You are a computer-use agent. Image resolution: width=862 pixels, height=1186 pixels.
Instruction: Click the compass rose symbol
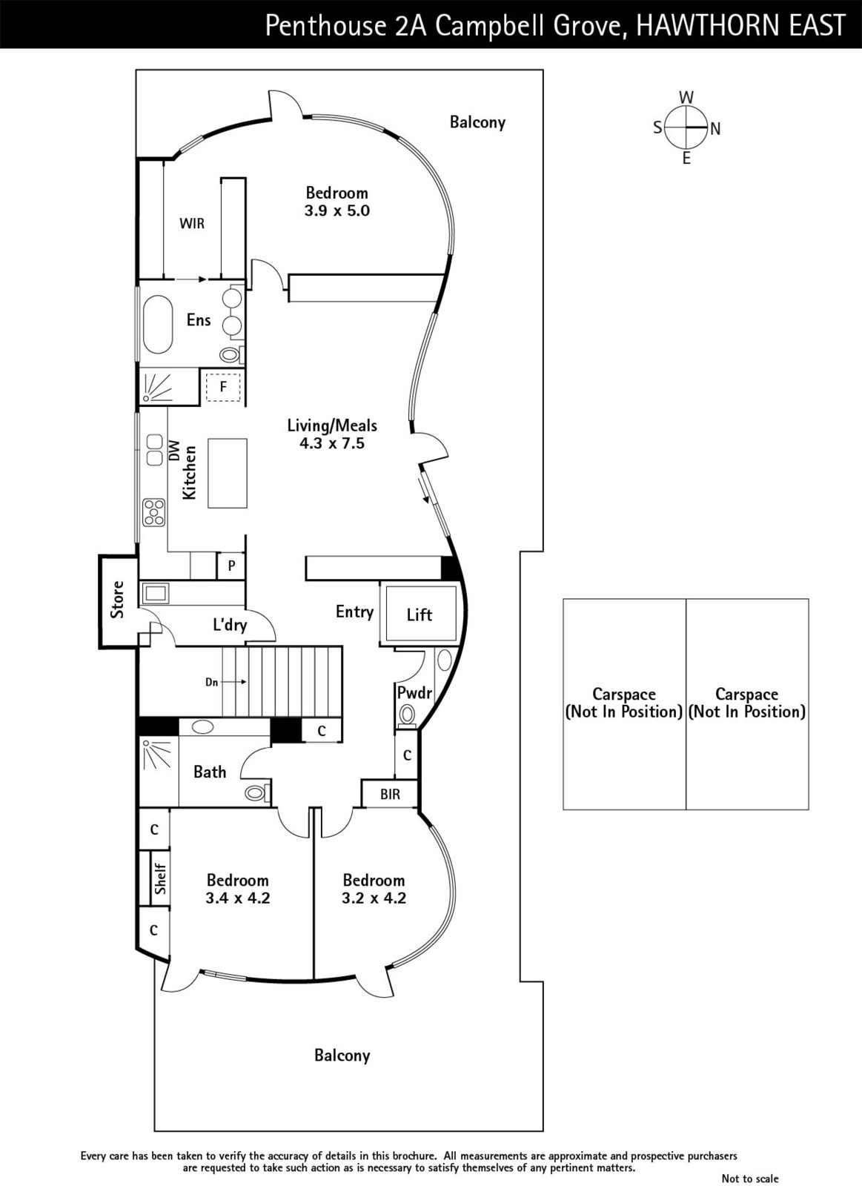(686, 127)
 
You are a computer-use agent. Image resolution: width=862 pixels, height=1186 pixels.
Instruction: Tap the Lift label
(420, 614)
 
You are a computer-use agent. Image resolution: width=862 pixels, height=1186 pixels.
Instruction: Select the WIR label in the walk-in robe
(192, 223)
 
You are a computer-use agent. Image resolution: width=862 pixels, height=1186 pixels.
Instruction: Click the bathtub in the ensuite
(158, 325)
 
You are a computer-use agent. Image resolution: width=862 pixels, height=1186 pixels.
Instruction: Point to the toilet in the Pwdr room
(407, 715)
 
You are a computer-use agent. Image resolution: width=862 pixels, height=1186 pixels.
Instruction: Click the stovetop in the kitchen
(155, 512)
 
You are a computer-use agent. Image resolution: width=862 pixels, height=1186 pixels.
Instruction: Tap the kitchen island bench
(227, 474)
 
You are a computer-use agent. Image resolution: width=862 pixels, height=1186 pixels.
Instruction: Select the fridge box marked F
(223, 387)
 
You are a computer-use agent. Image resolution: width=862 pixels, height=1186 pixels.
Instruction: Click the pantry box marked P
(231, 566)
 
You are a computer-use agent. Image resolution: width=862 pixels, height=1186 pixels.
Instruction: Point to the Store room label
(118, 600)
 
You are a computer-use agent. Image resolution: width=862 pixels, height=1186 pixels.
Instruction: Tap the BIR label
(390, 794)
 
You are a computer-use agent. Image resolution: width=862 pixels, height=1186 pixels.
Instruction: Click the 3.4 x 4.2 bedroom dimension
(238, 898)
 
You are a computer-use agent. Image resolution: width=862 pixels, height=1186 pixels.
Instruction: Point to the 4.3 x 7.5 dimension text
(332, 443)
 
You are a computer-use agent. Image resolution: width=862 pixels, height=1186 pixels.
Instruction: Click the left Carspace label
(624, 703)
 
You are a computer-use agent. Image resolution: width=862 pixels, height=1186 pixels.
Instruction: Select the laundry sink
(155, 594)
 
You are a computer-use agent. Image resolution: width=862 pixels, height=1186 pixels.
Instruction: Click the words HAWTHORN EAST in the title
(740, 25)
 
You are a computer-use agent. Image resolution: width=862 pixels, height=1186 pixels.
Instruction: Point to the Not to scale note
(750, 1178)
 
